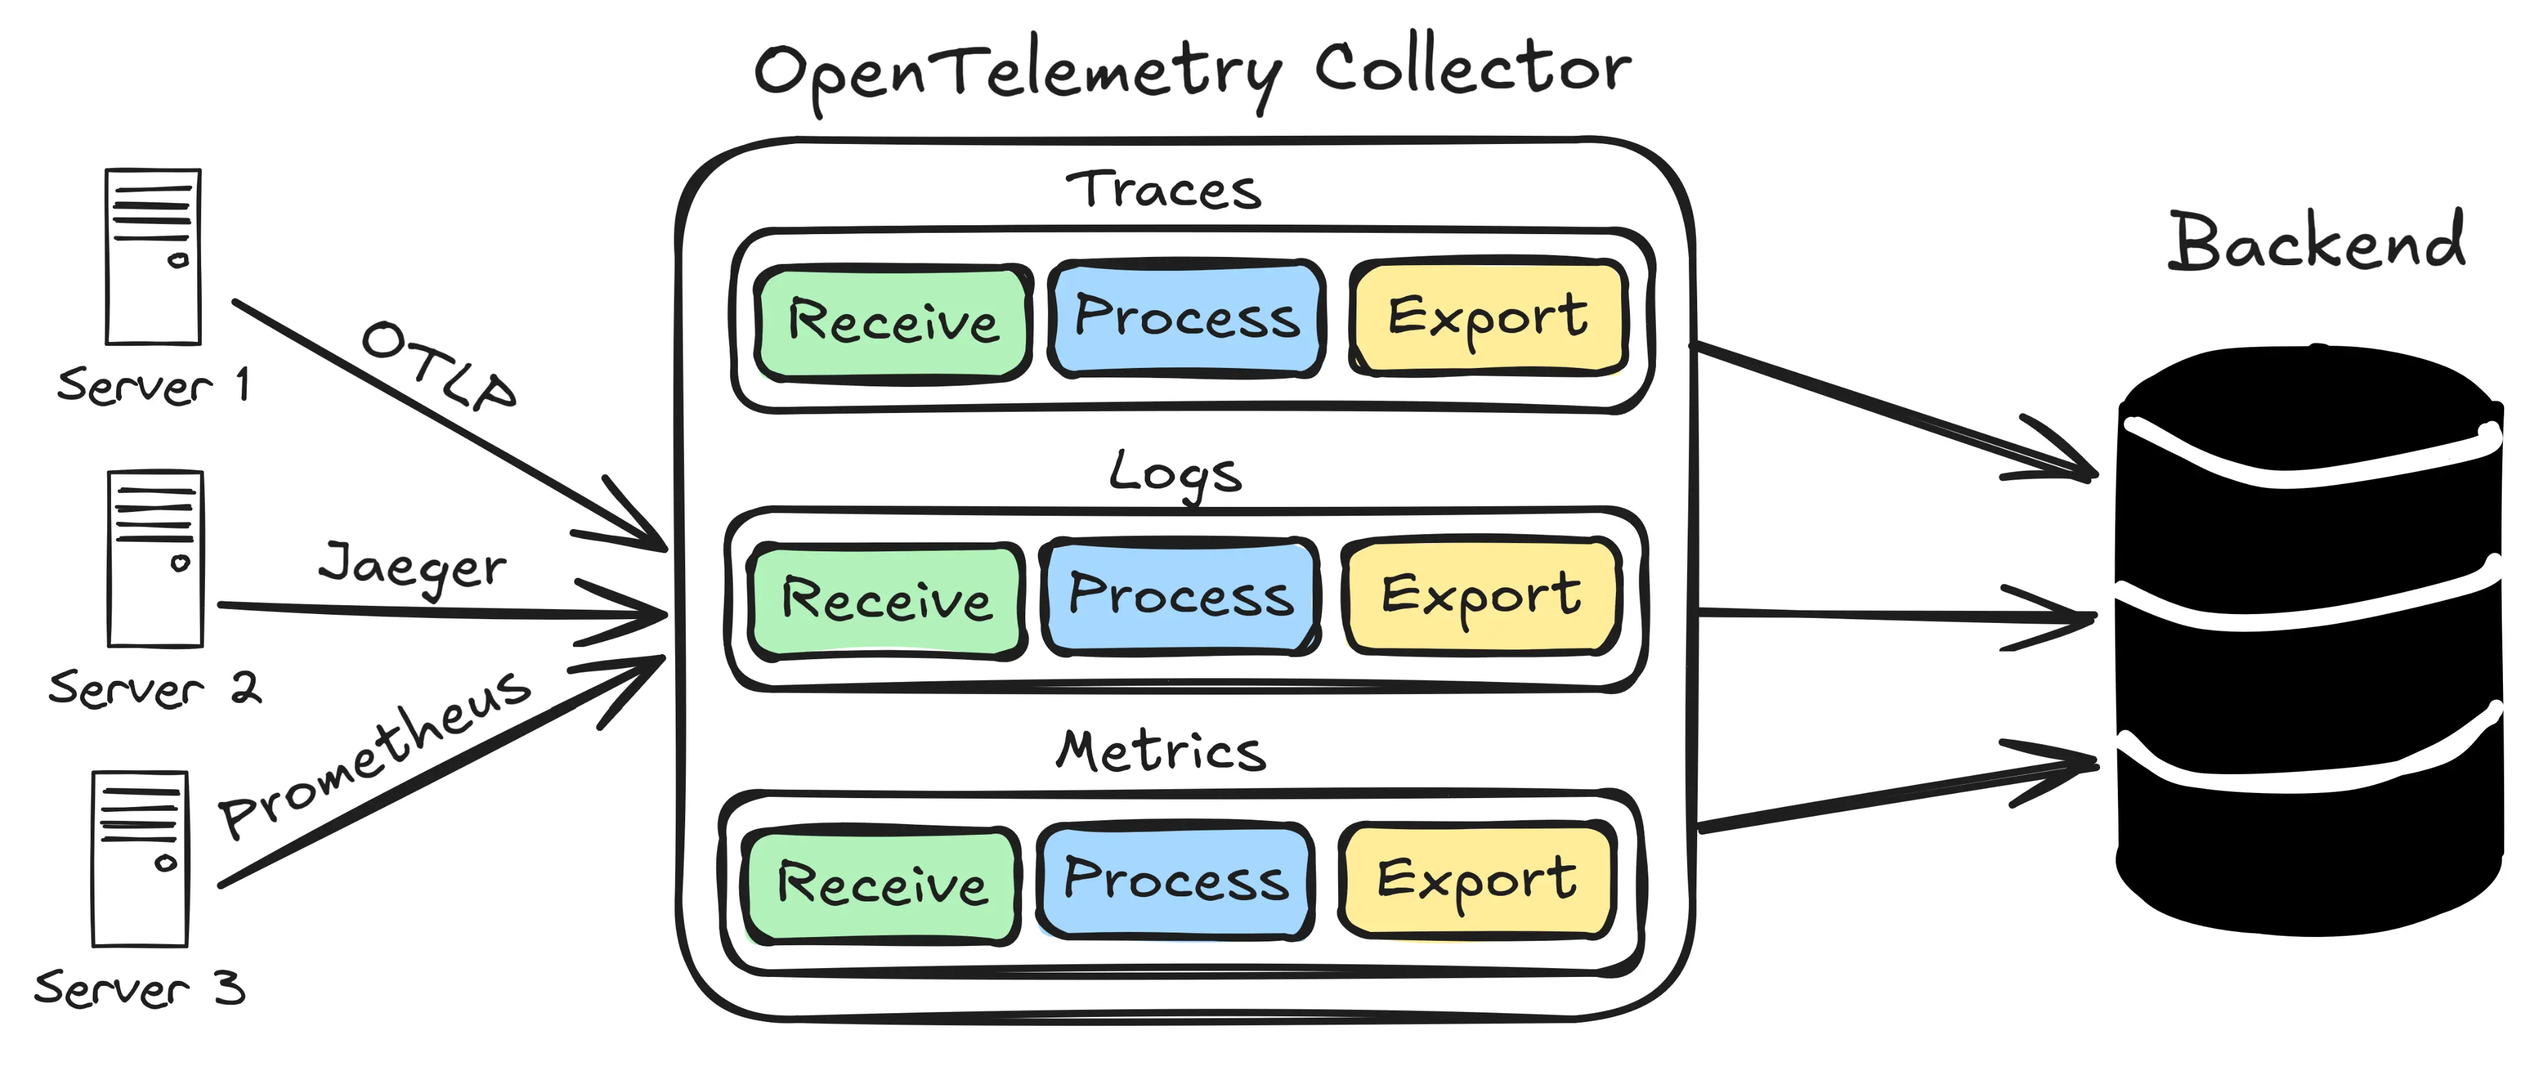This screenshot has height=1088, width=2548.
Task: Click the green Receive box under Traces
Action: [x=892, y=322]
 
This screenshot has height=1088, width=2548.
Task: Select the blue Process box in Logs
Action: [x=1181, y=596]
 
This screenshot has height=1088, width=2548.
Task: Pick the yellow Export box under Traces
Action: [x=1488, y=317]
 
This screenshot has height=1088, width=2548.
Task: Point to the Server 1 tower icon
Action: [x=154, y=257]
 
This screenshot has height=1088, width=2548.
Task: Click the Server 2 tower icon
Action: [x=155, y=559]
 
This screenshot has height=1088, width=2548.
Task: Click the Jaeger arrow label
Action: [x=412, y=568]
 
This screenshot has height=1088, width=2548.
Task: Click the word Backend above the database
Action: [x=2316, y=242]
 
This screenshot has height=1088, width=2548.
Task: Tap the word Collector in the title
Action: [x=1473, y=69]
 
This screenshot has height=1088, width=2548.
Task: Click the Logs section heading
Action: [x=1174, y=475]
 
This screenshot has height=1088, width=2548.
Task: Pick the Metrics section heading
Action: [x=1161, y=752]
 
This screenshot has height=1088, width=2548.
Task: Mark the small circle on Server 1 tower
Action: [x=178, y=261]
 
